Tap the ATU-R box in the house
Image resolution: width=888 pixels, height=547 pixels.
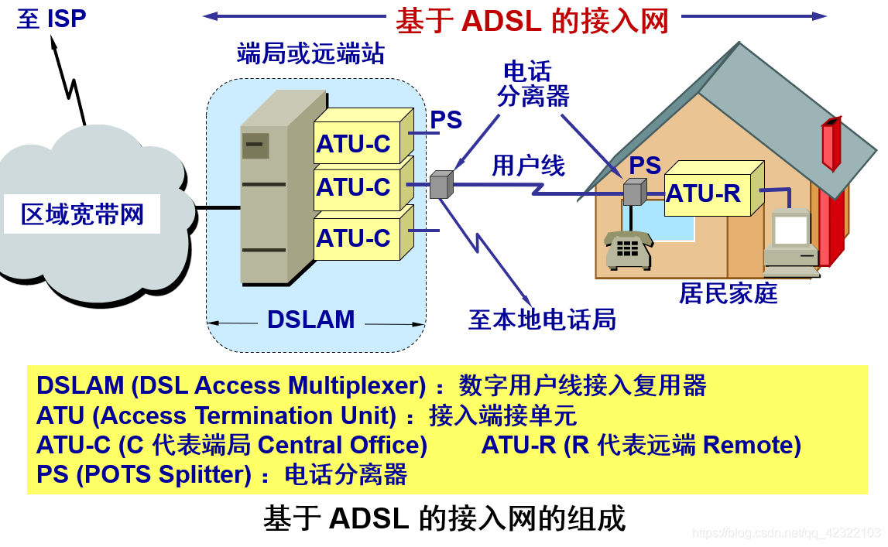(705, 193)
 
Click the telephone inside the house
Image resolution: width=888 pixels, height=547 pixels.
(627, 250)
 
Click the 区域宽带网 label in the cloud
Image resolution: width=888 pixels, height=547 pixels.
(82, 214)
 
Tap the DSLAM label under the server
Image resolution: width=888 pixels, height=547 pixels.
(310, 320)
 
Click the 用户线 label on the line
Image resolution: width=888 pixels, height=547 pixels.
(529, 166)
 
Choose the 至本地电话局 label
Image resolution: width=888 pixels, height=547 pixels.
(542, 319)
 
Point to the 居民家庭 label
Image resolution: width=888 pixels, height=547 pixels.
(728, 293)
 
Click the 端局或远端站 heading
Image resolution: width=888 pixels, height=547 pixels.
(310, 54)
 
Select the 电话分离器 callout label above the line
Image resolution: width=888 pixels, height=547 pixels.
(533, 84)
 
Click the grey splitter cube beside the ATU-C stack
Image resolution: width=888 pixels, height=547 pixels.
(440, 185)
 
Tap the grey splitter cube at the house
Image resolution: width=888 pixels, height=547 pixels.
(633, 191)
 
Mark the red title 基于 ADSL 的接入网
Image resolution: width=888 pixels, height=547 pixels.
(532, 21)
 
